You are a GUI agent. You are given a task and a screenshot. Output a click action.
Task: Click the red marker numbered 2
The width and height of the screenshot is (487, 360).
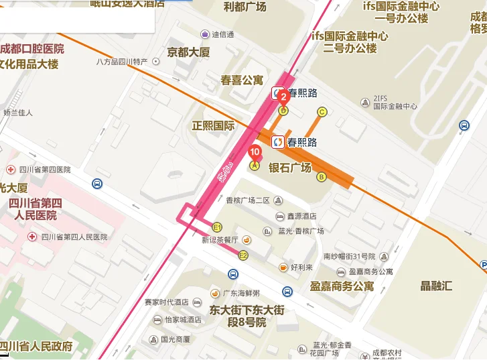[282, 96]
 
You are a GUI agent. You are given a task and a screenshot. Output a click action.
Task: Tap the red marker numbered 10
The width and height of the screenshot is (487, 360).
[254, 152]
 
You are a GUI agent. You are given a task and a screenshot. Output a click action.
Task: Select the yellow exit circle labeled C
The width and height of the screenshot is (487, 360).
[322, 112]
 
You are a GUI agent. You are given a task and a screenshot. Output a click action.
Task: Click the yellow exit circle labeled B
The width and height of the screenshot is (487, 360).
[321, 177]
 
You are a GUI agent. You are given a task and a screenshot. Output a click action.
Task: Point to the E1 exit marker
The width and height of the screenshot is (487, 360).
[217, 227]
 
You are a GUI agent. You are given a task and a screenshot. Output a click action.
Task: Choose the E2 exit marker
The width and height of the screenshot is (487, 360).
[244, 255]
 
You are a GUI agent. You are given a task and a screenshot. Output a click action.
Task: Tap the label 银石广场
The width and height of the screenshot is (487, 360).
[290, 168]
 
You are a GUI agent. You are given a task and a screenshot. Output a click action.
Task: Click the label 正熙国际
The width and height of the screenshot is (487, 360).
[213, 125]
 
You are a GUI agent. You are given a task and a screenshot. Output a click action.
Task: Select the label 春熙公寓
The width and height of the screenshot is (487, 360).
[242, 80]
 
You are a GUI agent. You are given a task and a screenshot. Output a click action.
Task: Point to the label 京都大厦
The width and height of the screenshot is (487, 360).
[188, 52]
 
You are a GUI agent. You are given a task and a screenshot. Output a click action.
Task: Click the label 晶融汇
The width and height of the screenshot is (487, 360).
[436, 286]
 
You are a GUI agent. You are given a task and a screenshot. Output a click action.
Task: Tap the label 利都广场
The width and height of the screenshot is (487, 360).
[245, 6]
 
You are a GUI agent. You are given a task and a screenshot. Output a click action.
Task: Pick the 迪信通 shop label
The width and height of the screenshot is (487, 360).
[223, 34]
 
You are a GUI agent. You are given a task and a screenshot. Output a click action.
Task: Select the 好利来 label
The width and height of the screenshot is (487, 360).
[301, 267]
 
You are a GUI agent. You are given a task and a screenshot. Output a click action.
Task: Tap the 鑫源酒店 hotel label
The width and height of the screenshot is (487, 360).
[301, 217]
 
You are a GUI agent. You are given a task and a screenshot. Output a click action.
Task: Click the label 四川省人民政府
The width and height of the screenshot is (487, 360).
[38, 346]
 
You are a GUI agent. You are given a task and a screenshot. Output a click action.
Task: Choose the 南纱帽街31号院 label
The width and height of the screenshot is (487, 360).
[350, 256]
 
